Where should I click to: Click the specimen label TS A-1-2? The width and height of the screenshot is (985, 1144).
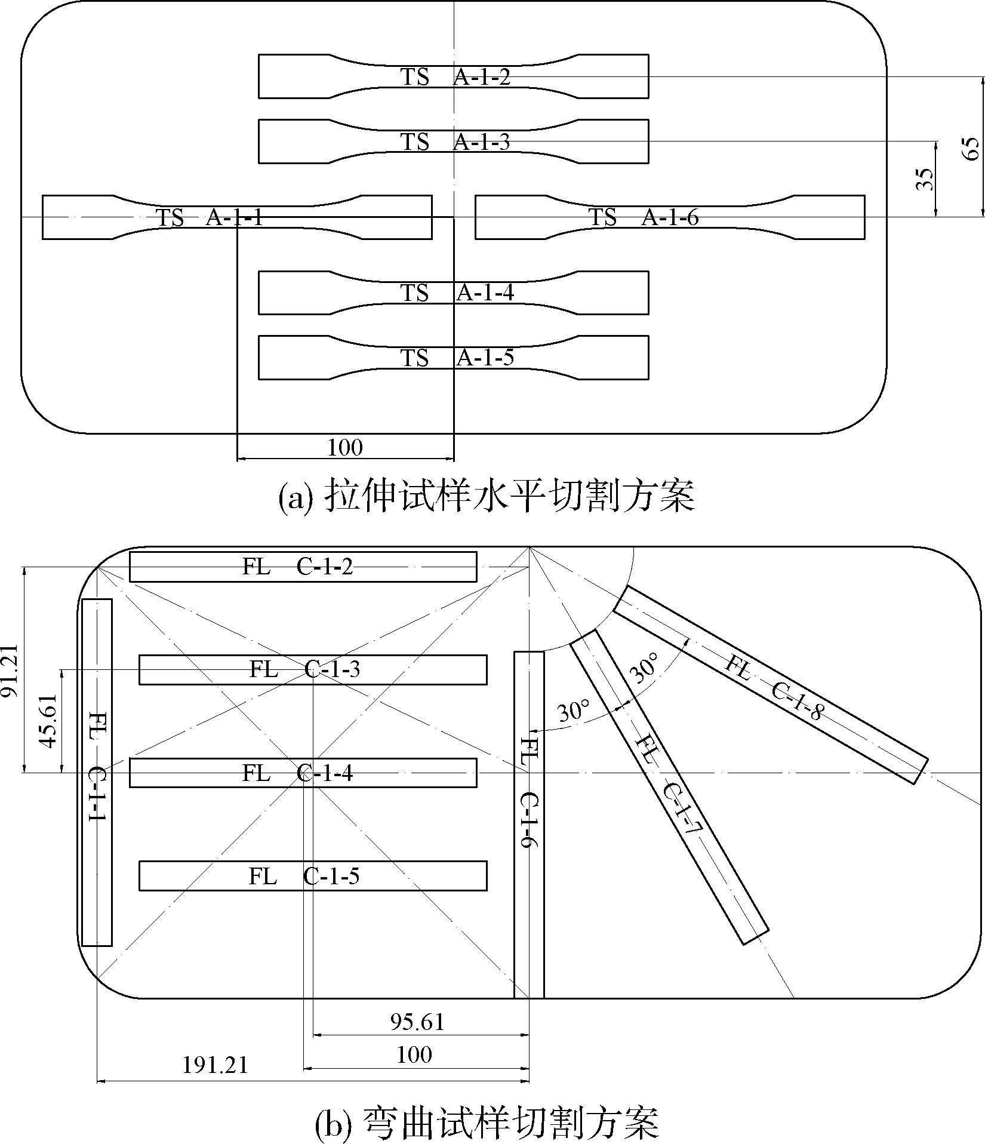coord(455,77)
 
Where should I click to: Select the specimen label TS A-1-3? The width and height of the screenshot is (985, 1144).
coord(455,142)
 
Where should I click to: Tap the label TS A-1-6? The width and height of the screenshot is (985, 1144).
coord(644,217)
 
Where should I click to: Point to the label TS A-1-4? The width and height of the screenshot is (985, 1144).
coord(457,293)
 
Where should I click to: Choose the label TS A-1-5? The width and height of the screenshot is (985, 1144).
coord(457,358)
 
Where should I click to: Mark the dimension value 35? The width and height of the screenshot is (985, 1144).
coord(924,179)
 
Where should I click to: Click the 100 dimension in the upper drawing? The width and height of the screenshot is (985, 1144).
coord(345,447)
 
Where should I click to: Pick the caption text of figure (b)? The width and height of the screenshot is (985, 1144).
coord(487,1122)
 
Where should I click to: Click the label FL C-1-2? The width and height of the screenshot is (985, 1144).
coord(297,566)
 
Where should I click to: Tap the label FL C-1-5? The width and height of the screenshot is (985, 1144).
coord(304,877)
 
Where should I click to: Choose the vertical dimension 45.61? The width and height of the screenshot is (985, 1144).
coord(48,721)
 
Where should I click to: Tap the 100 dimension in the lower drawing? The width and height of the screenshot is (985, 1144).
coord(414,1054)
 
